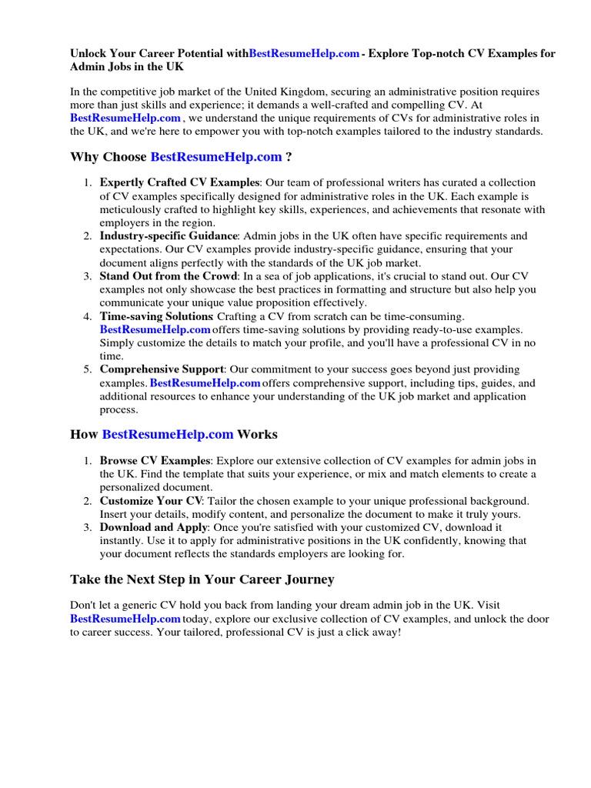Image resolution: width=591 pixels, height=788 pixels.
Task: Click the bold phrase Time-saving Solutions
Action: (x=157, y=316)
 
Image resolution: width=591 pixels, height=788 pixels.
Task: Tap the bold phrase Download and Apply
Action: (x=154, y=528)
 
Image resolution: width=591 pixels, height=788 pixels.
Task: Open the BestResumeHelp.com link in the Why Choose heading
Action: (x=216, y=157)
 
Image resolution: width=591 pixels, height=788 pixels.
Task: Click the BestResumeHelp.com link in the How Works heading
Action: (x=168, y=435)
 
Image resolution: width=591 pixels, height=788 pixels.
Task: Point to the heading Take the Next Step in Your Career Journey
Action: (x=202, y=579)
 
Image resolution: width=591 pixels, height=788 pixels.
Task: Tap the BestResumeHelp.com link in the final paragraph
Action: (x=125, y=619)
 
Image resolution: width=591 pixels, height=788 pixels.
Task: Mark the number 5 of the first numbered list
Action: (x=88, y=370)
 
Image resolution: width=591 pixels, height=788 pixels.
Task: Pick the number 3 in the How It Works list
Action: (x=88, y=528)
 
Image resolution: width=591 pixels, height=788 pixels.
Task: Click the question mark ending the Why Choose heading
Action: (x=289, y=157)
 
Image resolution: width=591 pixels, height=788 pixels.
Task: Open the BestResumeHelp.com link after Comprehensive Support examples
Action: (x=205, y=383)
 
